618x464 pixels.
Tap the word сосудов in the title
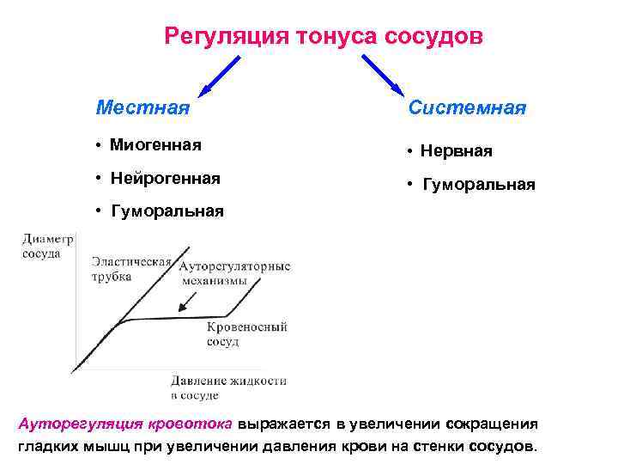434,37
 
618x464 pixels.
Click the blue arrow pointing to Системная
383,75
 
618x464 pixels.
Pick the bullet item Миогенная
155,144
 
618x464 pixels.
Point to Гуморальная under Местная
167,211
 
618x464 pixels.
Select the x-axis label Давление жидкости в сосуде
227,388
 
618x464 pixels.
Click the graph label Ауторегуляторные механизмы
234,273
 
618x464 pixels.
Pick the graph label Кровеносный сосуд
246,334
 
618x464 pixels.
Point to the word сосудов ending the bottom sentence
501,447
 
